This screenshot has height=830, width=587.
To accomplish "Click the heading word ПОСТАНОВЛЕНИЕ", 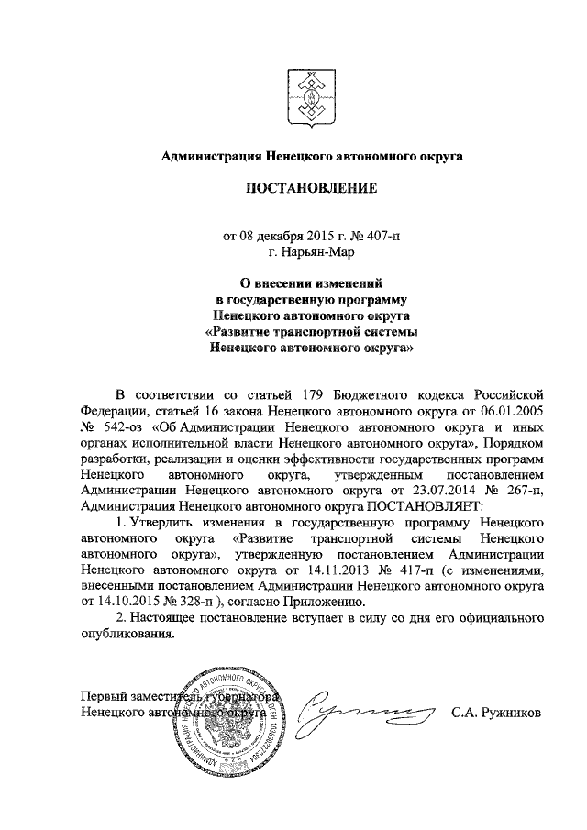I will (305, 191).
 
